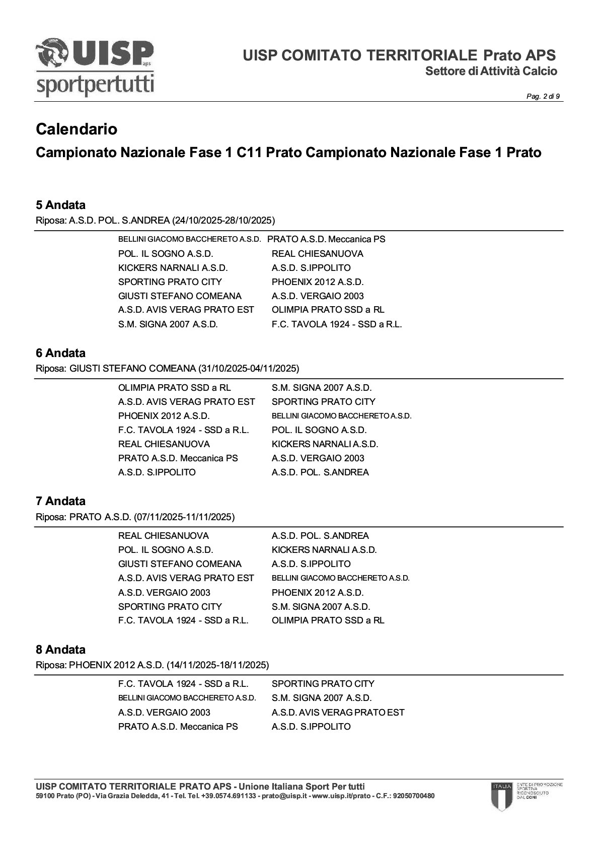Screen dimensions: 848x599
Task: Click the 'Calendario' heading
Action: [77, 129]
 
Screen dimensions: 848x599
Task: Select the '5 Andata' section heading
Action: [60, 205]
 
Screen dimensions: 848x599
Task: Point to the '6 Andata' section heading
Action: [60, 353]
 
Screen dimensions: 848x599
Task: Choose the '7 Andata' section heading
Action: [60, 501]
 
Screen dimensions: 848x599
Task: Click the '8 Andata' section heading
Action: [60, 650]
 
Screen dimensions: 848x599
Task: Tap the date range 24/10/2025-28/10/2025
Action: [223, 220]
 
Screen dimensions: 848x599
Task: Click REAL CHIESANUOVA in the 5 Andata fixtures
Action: [317, 254]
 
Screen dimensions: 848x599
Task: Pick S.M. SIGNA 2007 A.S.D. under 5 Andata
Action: [168, 324]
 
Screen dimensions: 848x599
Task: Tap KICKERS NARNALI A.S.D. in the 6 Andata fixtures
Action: [325, 444]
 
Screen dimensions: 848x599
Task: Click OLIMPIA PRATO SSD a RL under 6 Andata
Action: [174, 388]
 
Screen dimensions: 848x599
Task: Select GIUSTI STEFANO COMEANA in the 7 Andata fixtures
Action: [180, 564]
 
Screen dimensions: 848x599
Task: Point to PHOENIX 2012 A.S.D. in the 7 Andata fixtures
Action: [317, 593]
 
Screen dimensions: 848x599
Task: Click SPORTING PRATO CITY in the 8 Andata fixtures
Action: [323, 684]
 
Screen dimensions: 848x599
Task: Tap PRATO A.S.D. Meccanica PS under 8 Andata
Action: [178, 727]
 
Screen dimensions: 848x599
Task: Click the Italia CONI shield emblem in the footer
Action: [501, 796]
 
